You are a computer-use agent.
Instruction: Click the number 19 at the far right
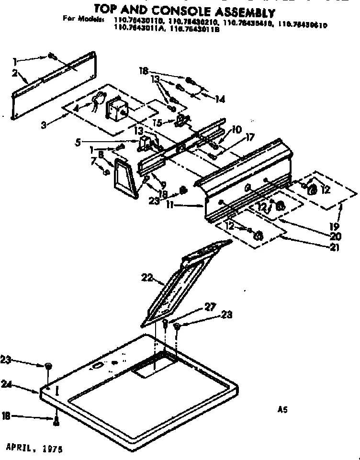(x=335, y=225)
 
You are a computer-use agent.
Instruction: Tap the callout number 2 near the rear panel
(x=15, y=73)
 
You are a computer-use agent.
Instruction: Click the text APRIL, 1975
(x=34, y=450)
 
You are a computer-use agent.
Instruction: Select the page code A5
(x=282, y=409)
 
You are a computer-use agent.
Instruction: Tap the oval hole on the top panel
(x=96, y=366)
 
